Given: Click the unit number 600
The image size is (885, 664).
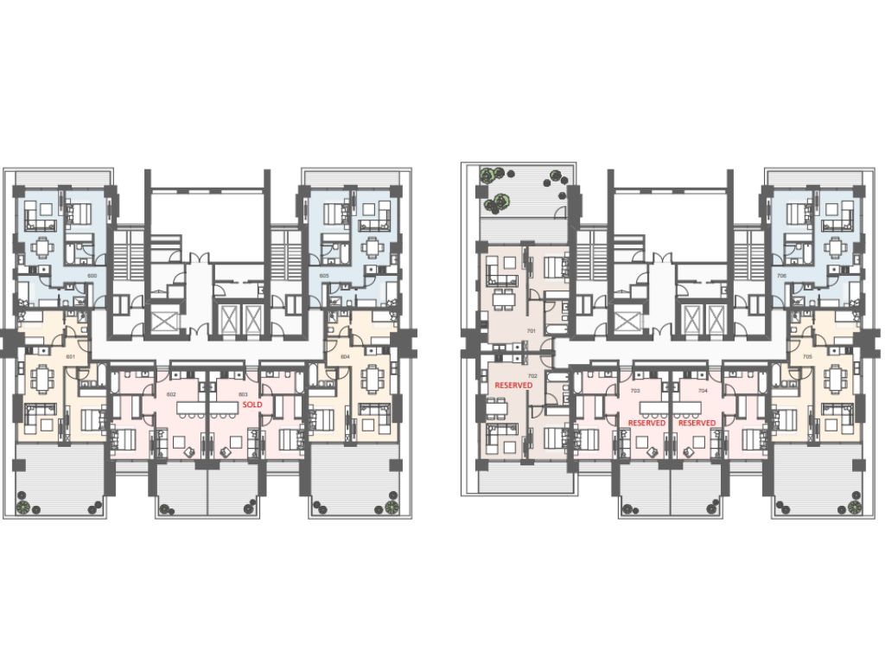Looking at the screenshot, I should pyautogui.click(x=92, y=276).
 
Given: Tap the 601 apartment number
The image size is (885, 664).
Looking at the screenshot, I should pyautogui.click(x=71, y=356).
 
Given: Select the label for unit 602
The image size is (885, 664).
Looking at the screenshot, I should pyautogui.click(x=171, y=394).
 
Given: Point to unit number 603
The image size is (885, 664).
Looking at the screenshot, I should pyautogui.click(x=243, y=394).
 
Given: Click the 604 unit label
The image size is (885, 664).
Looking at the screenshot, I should pyautogui.click(x=344, y=356).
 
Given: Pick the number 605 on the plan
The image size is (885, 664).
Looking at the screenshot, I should pyautogui.click(x=324, y=276).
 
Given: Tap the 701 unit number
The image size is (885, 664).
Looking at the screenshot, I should pyautogui.click(x=532, y=331).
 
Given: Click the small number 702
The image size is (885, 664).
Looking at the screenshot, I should pyautogui.click(x=533, y=376).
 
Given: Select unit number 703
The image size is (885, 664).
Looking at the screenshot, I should pyautogui.click(x=635, y=391).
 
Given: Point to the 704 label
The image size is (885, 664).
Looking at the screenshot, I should pyautogui.click(x=704, y=391).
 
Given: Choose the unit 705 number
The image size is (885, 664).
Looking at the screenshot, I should pyautogui.click(x=807, y=356).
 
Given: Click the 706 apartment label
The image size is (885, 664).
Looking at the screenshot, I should pyautogui.click(x=781, y=276).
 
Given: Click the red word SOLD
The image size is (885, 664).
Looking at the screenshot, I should pyautogui.click(x=252, y=404).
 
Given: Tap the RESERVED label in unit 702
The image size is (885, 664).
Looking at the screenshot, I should pyautogui.click(x=513, y=386).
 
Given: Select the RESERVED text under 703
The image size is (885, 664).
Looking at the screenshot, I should pyautogui.click(x=646, y=423).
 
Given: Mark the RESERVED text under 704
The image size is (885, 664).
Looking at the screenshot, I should pyautogui.click(x=697, y=423).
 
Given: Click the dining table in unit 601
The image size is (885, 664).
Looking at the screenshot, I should pyautogui.click(x=40, y=378).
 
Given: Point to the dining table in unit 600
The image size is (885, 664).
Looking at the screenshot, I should pyautogui.click(x=40, y=248).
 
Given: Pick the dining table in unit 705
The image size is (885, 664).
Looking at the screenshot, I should pyautogui.click(x=835, y=378).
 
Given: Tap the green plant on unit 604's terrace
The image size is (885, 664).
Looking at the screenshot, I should pyautogui.click(x=393, y=505).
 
